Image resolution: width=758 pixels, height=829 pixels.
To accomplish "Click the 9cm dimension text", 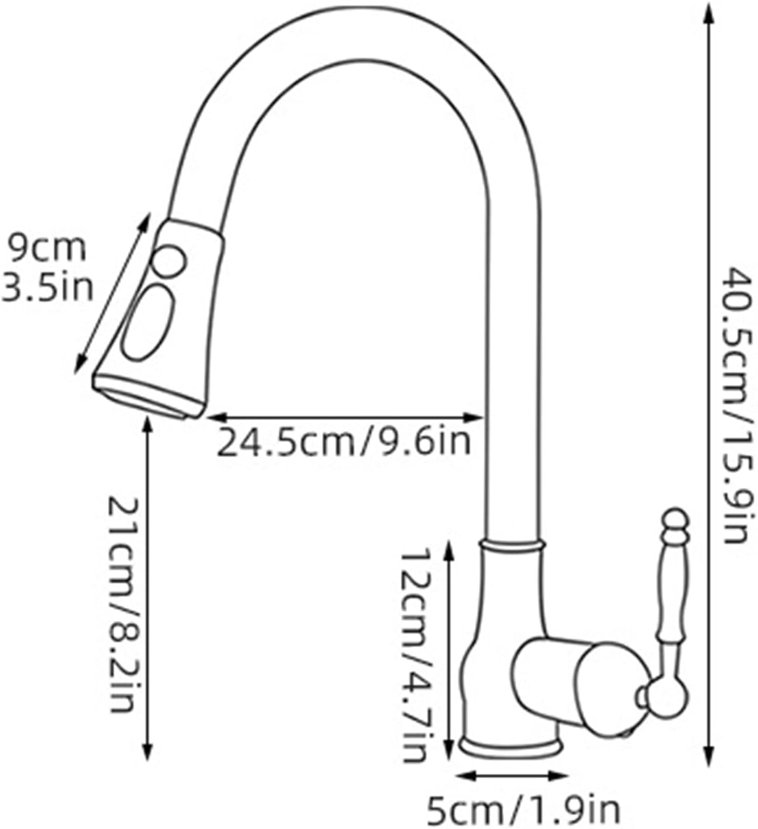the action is [47, 248].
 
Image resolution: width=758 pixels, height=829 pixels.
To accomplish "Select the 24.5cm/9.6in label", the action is [343, 441].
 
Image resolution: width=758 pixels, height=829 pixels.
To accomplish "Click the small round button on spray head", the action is [168, 262].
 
